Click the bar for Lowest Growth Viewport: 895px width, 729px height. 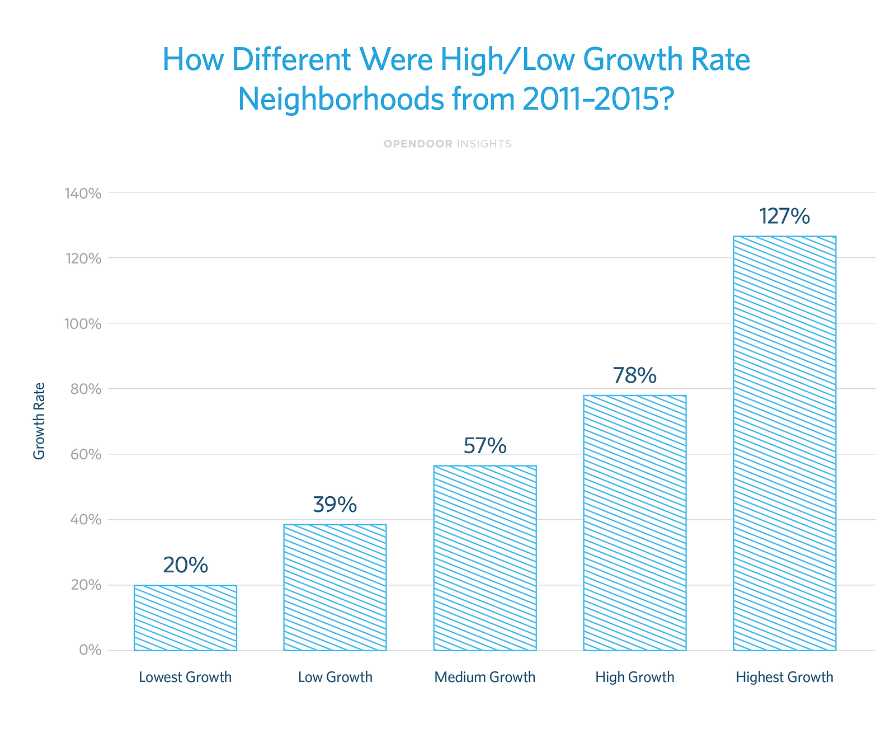pos(185,618)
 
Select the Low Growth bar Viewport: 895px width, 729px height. pos(335,587)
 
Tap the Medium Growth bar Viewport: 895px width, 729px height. pos(484,558)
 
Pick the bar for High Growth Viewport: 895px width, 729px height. pos(634,523)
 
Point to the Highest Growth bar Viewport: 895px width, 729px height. pos(784,443)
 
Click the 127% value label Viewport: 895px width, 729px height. pos(784,217)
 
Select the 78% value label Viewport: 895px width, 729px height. pos(634,376)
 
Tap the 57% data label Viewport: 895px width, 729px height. pos(485,446)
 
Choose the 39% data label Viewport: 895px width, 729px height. pos(335,505)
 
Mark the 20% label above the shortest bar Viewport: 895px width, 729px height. pos(185,566)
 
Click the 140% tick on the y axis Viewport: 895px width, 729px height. pos(83,194)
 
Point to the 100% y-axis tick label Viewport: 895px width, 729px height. pos(83,324)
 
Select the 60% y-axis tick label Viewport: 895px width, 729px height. pos(86,454)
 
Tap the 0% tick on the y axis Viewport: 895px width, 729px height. pos(89,651)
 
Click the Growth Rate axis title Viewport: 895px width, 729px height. pos(39,421)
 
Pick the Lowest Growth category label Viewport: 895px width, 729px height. pos(185,678)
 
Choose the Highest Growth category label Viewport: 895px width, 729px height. pos(784,678)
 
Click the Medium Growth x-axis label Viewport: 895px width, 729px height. pos(484,678)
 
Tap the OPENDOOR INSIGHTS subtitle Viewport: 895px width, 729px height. pos(447,144)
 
